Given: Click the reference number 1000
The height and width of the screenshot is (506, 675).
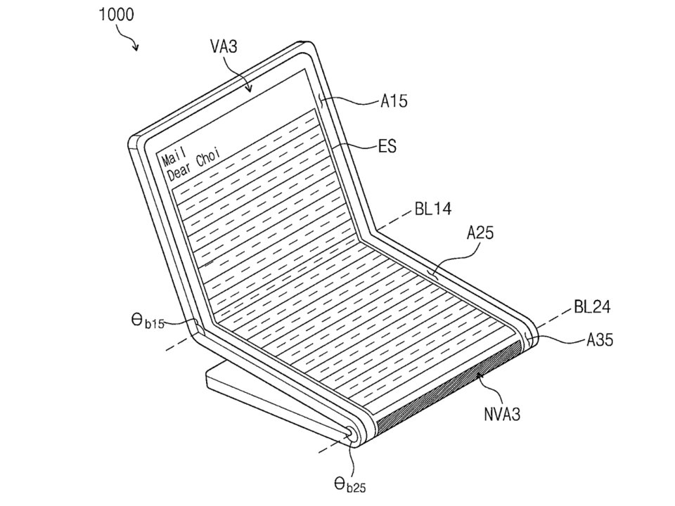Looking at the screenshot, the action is (116, 15).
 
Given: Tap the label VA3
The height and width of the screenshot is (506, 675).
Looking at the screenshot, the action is (224, 46).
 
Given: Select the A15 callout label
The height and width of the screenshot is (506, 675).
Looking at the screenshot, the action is (394, 101).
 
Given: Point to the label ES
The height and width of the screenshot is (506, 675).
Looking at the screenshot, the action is (387, 146).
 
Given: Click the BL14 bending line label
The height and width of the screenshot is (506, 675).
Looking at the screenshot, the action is (434, 209).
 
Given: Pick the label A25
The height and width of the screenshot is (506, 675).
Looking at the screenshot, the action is (480, 233).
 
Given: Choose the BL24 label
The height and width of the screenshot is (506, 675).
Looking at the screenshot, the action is (592, 307).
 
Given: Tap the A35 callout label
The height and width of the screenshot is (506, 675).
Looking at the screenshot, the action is (600, 340).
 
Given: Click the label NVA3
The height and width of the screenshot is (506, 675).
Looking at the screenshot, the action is (502, 414).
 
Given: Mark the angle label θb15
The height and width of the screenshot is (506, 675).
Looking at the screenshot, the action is (148, 320).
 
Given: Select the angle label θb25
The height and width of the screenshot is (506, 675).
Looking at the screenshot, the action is (349, 486).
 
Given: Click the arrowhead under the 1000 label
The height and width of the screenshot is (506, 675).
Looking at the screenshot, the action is (136, 47).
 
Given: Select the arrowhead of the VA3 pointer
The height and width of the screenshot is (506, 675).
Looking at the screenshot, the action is (249, 89).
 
